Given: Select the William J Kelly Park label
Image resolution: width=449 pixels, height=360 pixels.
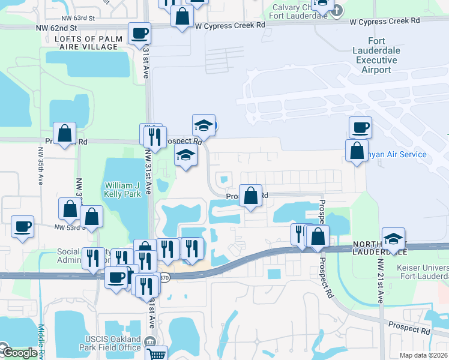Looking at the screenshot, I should (x=122, y=190).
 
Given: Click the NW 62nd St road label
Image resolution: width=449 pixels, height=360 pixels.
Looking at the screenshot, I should (x=57, y=28).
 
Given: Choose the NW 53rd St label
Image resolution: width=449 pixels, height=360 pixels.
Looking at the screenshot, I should (x=67, y=227).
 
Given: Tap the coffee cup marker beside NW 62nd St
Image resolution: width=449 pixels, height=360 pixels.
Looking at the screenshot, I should (x=140, y=34).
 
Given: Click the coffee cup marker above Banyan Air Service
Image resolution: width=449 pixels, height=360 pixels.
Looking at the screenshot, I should (x=360, y=127).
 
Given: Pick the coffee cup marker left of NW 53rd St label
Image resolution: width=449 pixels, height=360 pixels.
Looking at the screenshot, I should (x=23, y=227).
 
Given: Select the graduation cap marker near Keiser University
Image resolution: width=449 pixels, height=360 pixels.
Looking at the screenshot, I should (x=393, y=239).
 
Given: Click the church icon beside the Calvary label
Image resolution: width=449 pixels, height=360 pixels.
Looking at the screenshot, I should (x=337, y=10).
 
